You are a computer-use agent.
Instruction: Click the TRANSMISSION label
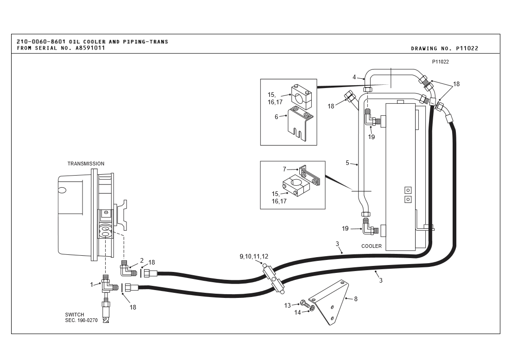(x=86, y=164)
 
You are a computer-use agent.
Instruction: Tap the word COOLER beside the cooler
(x=371, y=246)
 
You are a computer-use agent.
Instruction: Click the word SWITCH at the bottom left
(x=74, y=315)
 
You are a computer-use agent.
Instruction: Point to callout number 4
(x=354, y=77)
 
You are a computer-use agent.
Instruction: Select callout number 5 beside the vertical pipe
(x=347, y=163)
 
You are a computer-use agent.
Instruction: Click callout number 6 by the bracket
(x=277, y=117)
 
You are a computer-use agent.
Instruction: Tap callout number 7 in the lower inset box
(x=284, y=169)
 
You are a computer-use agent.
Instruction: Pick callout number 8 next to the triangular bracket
(x=355, y=299)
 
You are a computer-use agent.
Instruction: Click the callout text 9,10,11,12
(x=254, y=256)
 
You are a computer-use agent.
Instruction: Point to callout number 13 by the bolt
(x=287, y=305)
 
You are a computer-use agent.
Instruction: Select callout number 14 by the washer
(x=297, y=312)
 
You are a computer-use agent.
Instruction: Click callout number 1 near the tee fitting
(x=92, y=285)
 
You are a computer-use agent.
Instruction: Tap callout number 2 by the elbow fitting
(x=142, y=261)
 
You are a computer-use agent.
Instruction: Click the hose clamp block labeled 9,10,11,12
(x=273, y=278)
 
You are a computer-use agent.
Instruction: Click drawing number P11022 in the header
(x=467, y=49)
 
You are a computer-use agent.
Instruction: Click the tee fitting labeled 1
(x=106, y=285)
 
